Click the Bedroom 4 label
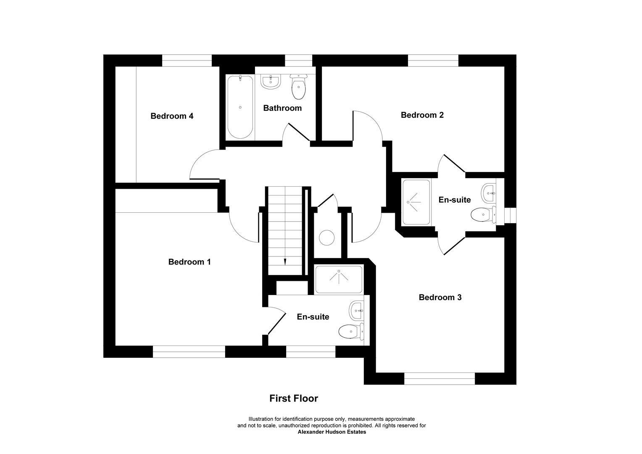172,116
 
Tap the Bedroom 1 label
189,262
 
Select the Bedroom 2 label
422,115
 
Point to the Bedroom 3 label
440,297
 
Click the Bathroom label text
282,108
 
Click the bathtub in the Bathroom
240,107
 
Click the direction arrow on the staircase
285,261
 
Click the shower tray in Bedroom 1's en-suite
338,280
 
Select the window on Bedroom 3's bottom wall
439,378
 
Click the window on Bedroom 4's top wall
187,61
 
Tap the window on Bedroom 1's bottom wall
189,351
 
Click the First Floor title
294,398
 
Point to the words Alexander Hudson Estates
332,432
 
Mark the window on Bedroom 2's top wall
433,61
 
